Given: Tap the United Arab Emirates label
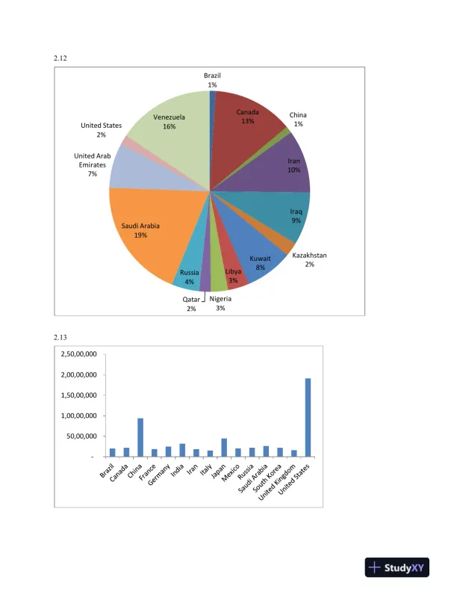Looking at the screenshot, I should coord(93,164).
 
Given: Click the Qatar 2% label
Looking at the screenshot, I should coord(191,303).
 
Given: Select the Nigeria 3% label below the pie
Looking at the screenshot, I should coord(220,303).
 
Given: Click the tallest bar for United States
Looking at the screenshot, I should coord(308,417).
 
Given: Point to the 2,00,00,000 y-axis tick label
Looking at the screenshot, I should coord(78,374).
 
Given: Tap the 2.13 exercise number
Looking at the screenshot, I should coord(61,337).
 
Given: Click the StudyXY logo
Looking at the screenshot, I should coord(396,568).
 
